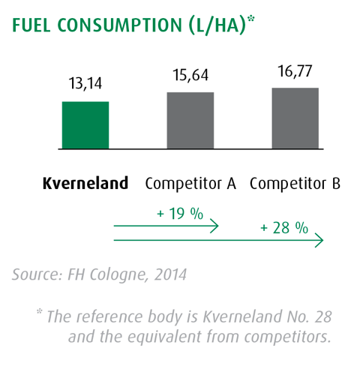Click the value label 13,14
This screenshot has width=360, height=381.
click(85, 84)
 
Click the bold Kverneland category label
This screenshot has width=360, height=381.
click(84, 183)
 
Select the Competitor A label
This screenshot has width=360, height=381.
click(190, 183)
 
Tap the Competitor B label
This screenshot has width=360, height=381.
click(295, 183)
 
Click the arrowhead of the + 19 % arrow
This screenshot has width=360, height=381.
click(215, 225)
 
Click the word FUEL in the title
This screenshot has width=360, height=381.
click(34, 25)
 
